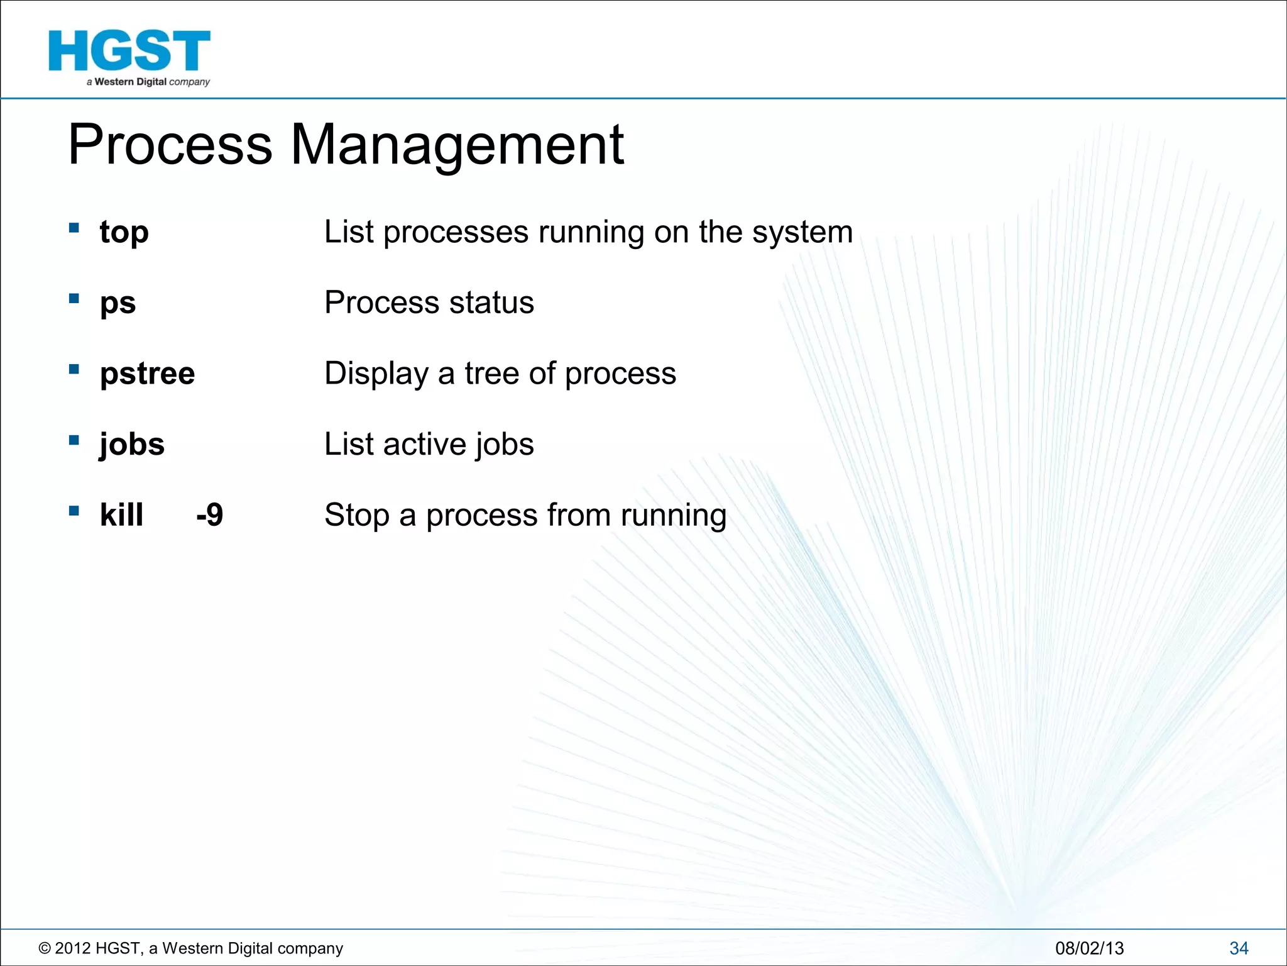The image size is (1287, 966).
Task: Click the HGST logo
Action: coord(129,57)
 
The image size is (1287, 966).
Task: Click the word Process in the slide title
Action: coord(170,146)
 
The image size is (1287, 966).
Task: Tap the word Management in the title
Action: coord(457,146)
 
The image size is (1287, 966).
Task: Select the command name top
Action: coord(124,233)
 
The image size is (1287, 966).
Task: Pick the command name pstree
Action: coord(147,374)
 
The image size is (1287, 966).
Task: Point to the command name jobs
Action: coord(132,445)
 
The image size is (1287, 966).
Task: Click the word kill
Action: coord(121,515)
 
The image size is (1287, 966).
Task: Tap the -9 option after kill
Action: coord(209,515)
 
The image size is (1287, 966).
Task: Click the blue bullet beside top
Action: coord(74,228)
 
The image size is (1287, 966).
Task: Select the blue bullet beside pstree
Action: coord(74,369)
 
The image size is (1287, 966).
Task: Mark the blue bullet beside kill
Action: coord(74,511)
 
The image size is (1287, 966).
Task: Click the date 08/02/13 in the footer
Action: coord(1089,948)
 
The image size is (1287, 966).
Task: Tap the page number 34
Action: coord(1239,948)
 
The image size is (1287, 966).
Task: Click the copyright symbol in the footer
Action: coord(45,948)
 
